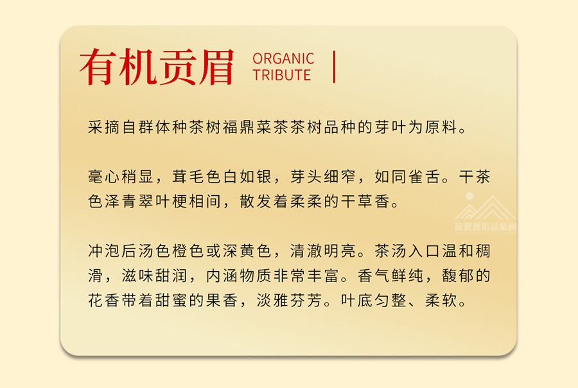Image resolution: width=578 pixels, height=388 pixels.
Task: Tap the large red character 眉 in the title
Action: pyautogui.click(x=216, y=67)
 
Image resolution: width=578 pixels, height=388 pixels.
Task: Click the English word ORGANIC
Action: pyautogui.click(x=283, y=58)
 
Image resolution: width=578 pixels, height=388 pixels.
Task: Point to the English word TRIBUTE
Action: pyautogui.click(x=282, y=75)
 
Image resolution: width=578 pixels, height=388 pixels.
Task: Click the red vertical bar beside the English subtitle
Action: pyautogui.click(x=334, y=67)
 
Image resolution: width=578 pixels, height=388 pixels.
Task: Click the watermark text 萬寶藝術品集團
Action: pyautogui.click(x=486, y=227)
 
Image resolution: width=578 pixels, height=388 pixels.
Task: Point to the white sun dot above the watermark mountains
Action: pyautogui.click(x=469, y=196)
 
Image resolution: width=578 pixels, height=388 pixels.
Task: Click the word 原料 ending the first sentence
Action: pyautogui.click(x=441, y=127)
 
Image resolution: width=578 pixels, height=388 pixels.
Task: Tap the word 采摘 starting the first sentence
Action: pyautogui.click(x=104, y=127)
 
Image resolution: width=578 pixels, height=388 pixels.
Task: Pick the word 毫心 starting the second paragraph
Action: pyautogui.click(x=104, y=177)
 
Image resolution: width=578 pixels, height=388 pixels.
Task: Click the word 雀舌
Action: pyautogui.click(x=425, y=177)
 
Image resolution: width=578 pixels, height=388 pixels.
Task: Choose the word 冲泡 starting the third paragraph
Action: pyautogui.click(x=104, y=251)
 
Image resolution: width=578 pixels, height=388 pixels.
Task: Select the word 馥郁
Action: pyautogui.click(x=458, y=276)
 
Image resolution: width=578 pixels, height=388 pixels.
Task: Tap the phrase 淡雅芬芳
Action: pyautogui.click(x=290, y=300)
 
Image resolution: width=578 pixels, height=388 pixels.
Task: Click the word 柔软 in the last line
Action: pyautogui.click(x=441, y=300)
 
